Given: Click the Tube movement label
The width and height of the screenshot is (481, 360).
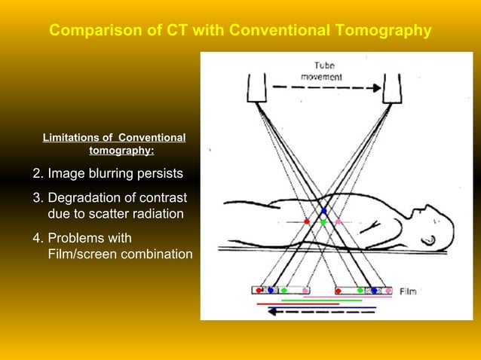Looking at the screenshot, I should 321,72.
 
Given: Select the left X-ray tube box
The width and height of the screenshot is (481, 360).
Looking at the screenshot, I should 256,89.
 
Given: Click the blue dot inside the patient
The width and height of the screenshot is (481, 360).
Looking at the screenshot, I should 323,211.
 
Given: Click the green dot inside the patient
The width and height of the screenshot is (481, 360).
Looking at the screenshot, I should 323,221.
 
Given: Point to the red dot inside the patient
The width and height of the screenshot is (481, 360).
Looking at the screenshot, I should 307,221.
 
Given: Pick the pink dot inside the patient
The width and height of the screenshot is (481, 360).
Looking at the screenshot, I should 339,221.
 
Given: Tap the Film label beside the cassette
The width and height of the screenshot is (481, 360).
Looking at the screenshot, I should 409,291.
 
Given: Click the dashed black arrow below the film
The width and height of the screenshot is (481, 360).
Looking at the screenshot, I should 324,312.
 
